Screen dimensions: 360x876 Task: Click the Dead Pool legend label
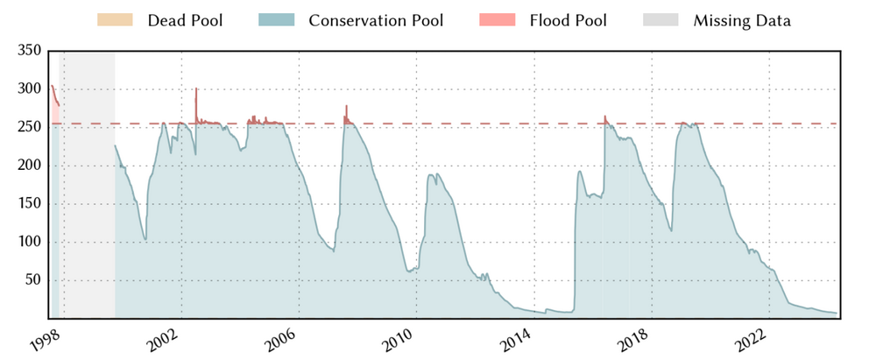click(185, 19)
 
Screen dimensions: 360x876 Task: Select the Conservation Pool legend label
click(376, 19)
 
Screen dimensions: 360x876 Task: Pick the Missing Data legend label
click(742, 19)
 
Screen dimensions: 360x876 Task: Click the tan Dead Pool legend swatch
click(116, 19)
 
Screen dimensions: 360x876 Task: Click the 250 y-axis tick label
click(30, 127)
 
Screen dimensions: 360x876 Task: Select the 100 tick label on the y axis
click(30, 242)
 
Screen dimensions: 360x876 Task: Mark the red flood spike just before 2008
click(346, 110)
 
